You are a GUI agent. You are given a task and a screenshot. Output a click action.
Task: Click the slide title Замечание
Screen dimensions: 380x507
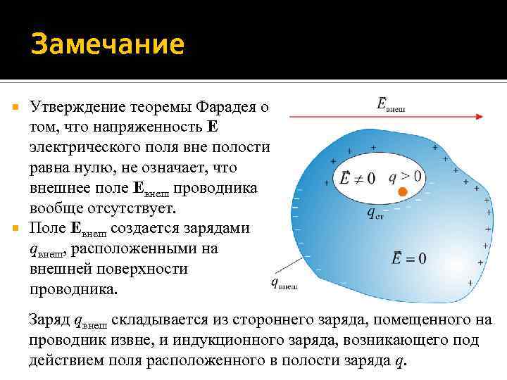pos(107,46)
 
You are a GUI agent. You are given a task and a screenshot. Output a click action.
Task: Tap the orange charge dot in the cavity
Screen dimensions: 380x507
pos(403,191)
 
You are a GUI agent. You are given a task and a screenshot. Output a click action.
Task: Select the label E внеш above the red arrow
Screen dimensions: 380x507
pos(391,105)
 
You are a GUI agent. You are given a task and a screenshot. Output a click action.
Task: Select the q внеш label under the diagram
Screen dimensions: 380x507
pos(283,284)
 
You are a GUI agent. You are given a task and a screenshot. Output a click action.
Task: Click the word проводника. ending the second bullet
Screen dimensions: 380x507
pos(75,289)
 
